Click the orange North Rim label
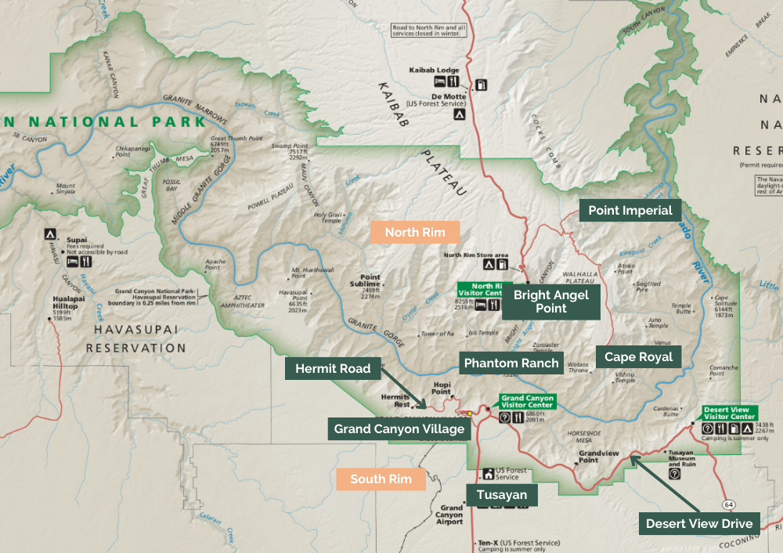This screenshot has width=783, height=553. (x=414, y=232)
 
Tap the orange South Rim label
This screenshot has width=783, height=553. (x=381, y=479)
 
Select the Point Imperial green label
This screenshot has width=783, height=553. (x=630, y=211)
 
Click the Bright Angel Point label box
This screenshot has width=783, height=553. (x=550, y=302)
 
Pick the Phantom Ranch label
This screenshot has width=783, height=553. (x=511, y=363)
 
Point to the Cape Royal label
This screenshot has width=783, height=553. (x=638, y=356)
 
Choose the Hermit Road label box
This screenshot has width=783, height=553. (x=333, y=369)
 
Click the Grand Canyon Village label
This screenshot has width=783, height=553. (x=399, y=428)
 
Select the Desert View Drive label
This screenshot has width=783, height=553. (x=699, y=523)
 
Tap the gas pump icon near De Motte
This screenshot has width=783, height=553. (x=481, y=81)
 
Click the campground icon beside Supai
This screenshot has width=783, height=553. (x=50, y=234)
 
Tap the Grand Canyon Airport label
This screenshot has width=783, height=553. (x=451, y=515)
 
